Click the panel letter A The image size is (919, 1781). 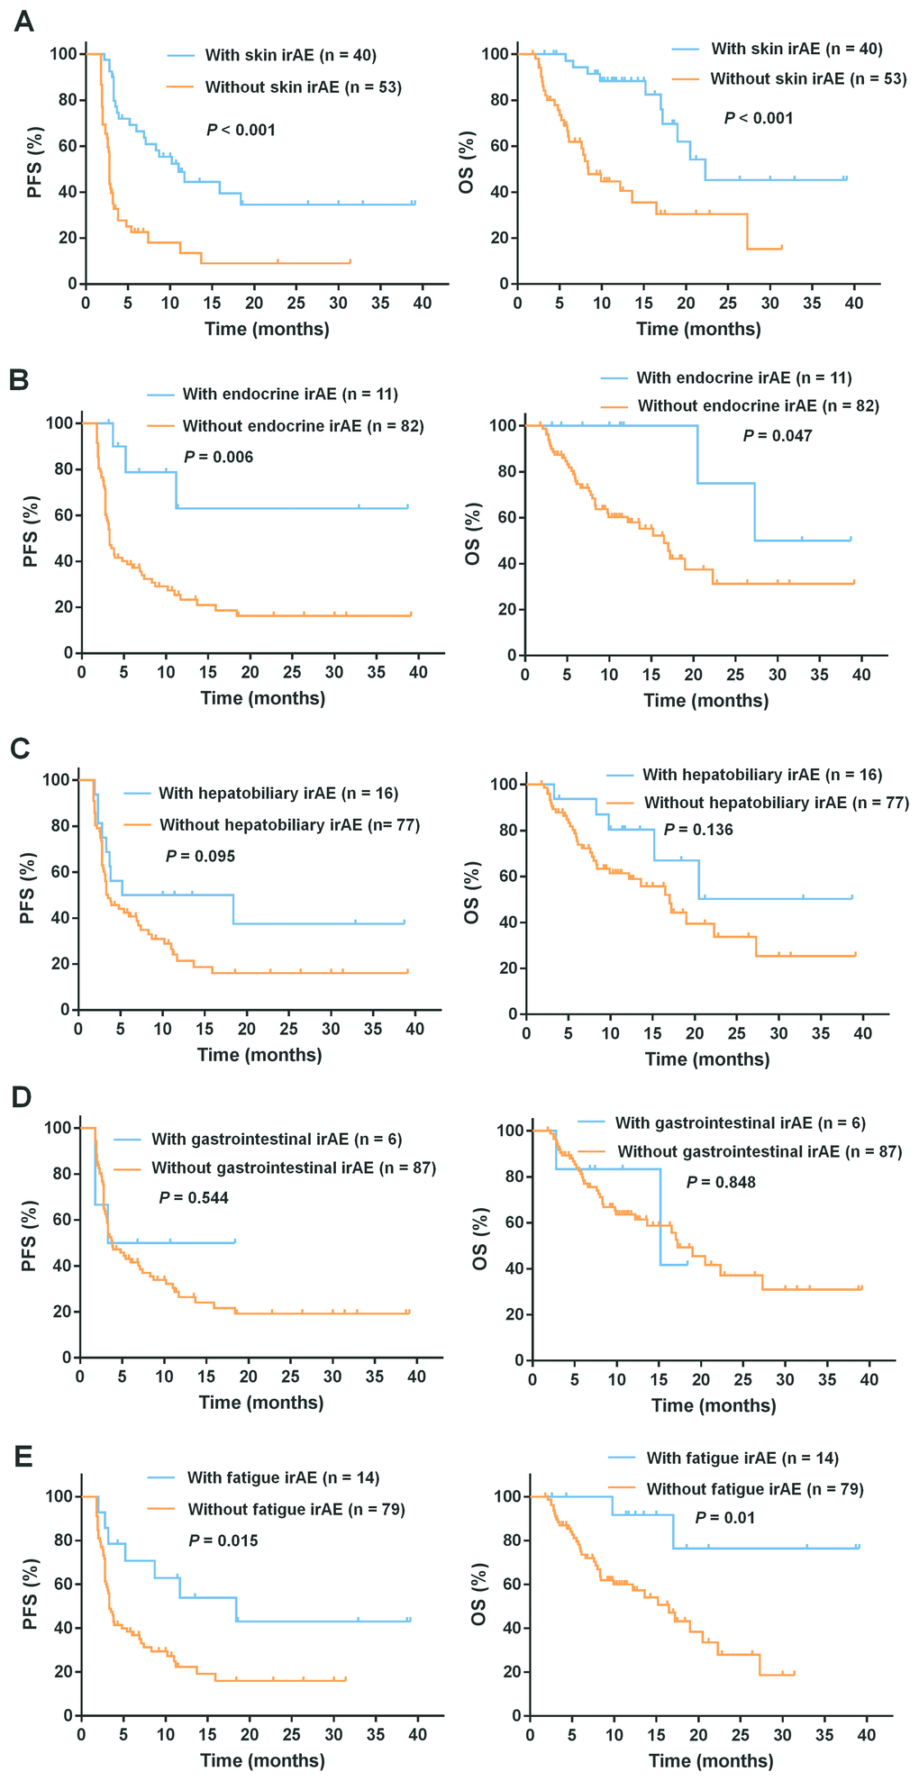pos(24,23)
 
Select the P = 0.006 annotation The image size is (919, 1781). pos(219,457)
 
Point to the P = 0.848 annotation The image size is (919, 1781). pos(721,1182)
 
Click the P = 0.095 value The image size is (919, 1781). pos(200,856)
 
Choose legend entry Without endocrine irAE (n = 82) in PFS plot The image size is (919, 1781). pos(303,425)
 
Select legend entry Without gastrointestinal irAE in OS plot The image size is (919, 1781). pos(760,1151)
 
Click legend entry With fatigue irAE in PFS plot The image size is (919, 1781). pos(283,1477)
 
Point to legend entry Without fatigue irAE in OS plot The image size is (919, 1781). pos(755,1489)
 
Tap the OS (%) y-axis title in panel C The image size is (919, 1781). pos(470,893)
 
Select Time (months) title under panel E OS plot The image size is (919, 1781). pos(711,1761)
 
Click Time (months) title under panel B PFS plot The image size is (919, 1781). pos(263,697)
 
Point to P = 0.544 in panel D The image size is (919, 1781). pos(194,1197)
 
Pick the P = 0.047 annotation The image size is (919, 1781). pos(778,436)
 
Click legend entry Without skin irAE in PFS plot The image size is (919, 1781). pos(303,87)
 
